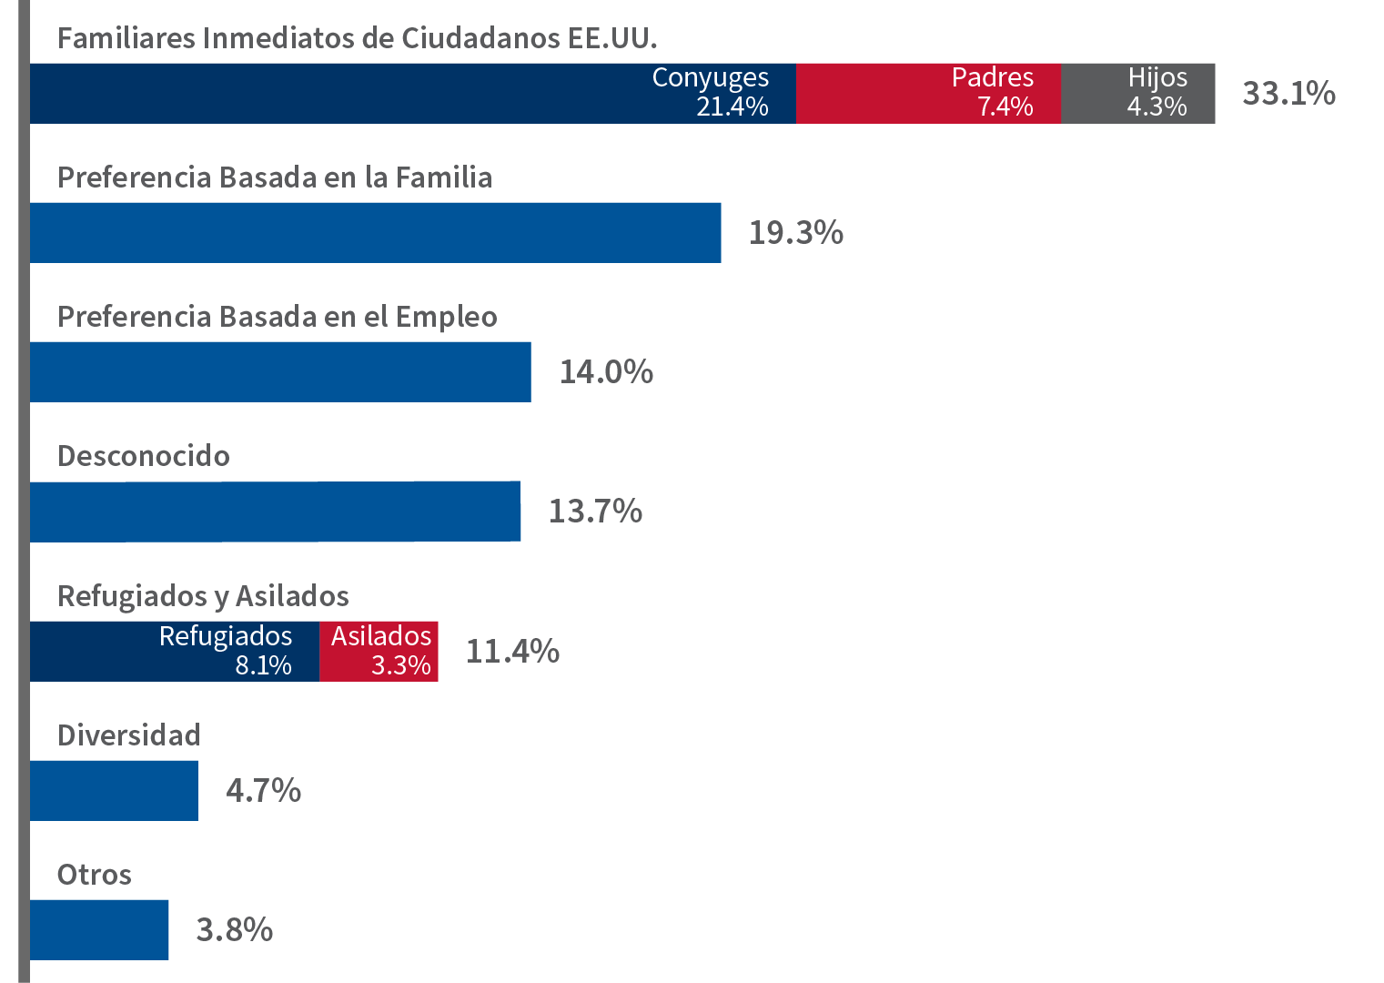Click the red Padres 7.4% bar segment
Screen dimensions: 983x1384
(928, 93)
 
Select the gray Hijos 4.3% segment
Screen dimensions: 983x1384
(1137, 93)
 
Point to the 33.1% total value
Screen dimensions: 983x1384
(1288, 93)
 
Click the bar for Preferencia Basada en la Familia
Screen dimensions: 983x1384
(375, 232)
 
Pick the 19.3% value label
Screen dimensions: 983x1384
(795, 232)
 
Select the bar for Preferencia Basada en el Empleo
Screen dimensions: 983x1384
(280, 371)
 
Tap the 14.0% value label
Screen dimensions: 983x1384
(606, 371)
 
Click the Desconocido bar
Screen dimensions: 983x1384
(275, 512)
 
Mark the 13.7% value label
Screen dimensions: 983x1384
(595, 512)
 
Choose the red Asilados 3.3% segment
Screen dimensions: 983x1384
(379, 651)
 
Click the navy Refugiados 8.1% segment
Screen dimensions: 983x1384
(175, 651)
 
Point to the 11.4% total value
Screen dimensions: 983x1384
(512, 651)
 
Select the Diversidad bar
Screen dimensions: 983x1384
(114, 790)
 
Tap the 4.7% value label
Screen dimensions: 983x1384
(263, 790)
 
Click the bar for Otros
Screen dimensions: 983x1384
(99, 929)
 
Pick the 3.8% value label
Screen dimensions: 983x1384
(234, 929)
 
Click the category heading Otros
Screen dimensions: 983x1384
(94, 875)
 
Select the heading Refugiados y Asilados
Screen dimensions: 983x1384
(203, 596)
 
